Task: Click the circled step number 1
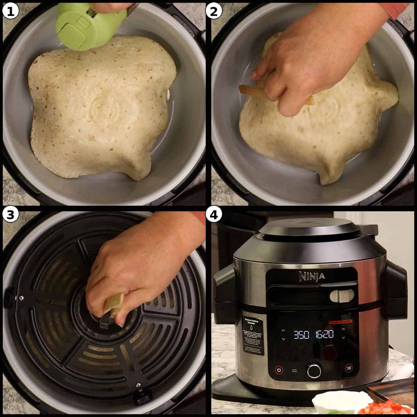point(10,11)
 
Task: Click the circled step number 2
point(214,11)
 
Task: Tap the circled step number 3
point(10,215)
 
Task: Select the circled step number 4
point(214,215)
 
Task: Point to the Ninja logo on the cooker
point(312,276)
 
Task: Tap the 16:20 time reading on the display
point(324,335)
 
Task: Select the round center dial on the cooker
point(314,370)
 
